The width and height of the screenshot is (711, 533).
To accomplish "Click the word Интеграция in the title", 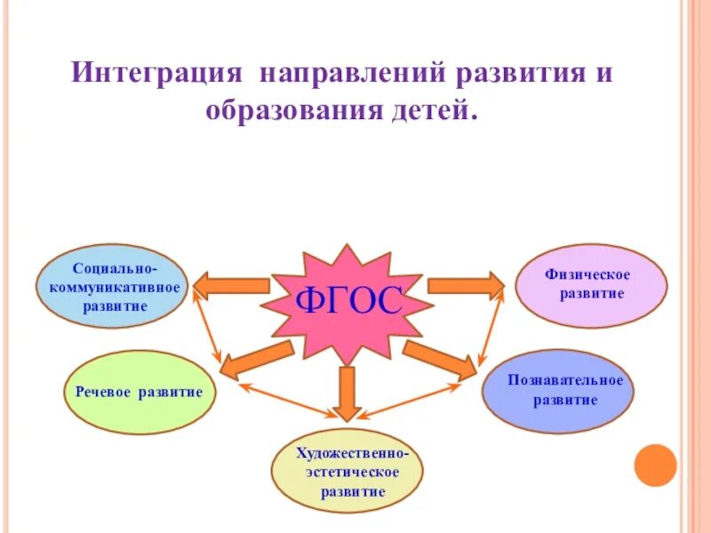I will point(157,71).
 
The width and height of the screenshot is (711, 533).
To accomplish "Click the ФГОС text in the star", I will point(348,301).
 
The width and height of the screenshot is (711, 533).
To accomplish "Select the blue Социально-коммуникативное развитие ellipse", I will point(113,286).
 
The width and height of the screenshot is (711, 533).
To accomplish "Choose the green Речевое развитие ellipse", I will point(140,392).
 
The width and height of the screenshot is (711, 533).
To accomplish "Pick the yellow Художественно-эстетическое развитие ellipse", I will point(347,471).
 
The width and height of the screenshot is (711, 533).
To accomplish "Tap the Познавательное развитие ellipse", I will point(558,391).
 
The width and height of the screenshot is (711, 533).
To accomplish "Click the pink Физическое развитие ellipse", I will point(591,284).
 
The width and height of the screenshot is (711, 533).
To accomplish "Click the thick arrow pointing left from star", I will point(231,286).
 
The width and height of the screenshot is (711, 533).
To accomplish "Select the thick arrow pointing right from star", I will point(465,286).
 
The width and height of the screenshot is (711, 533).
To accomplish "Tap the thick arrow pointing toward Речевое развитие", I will point(255,357).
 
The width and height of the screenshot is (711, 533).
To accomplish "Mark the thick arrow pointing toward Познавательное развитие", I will point(440,357).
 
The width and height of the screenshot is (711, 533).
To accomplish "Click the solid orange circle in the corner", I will point(657,465).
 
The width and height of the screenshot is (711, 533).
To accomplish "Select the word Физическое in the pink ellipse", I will point(587,274).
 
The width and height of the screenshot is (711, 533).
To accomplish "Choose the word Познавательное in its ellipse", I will point(565,380).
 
